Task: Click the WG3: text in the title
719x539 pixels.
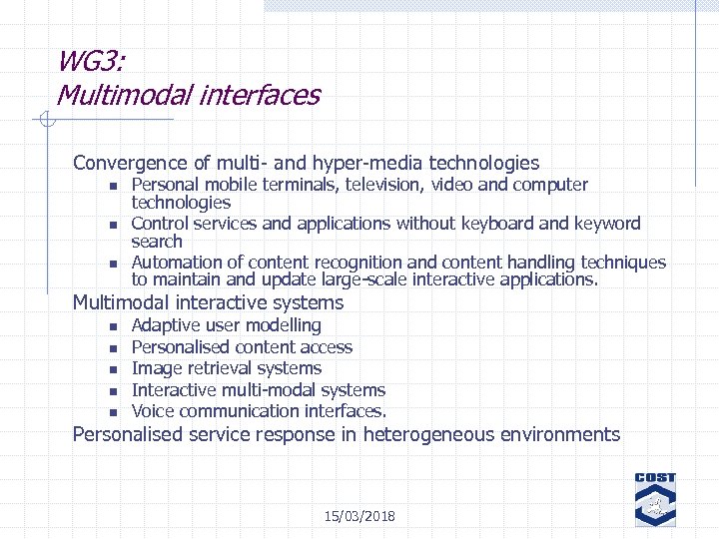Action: click(x=91, y=62)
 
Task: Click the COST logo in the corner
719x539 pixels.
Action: click(x=655, y=499)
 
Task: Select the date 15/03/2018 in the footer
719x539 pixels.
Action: click(x=359, y=516)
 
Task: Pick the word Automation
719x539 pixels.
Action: click(x=175, y=263)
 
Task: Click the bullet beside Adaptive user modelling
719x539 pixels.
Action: click(x=114, y=326)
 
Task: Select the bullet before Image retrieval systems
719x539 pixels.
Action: click(x=114, y=369)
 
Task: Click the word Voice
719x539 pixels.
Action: click(x=153, y=411)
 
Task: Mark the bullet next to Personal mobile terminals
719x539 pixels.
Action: click(x=114, y=186)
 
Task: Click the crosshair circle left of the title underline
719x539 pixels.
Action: click(x=43, y=121)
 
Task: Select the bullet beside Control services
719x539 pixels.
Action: click(x=114, y=225)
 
